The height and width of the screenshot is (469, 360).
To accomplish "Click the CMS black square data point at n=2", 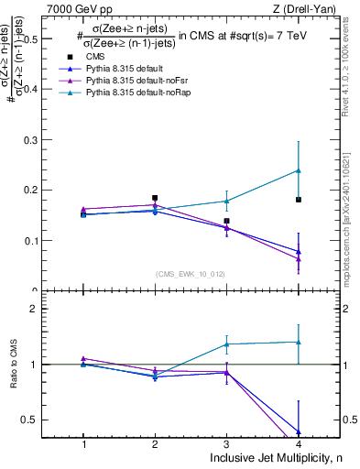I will point(155,198).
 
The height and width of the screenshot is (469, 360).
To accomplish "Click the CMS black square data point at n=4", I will point(299,200).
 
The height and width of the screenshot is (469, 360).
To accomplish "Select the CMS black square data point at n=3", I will point(226,221).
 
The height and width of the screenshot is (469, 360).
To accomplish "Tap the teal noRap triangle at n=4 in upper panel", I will point(299,170).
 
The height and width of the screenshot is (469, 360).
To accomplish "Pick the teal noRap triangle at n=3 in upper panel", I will point(226,201).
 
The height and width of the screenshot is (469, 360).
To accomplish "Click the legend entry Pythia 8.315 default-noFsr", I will point(137,82).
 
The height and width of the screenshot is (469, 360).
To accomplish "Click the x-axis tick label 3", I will point(226,443).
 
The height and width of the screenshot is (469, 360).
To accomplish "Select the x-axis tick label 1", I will point(83,443).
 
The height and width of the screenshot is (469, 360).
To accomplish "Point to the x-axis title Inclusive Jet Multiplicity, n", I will point(275,458).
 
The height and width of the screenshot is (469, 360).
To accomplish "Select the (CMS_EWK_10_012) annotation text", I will point(191,274).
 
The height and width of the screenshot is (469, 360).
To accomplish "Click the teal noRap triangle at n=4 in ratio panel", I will point(299,342).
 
